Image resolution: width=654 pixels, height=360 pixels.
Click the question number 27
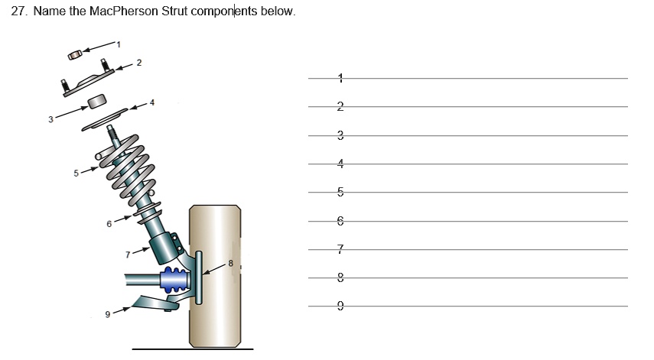coord(19,13)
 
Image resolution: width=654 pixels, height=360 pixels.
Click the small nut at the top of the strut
coord(74,55)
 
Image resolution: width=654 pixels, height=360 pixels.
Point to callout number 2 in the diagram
coord(138,62)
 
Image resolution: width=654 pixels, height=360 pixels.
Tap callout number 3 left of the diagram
coord(50,118)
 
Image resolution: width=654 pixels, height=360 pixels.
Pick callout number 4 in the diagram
coord(151,102)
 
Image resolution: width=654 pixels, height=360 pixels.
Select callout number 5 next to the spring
coord(76,174)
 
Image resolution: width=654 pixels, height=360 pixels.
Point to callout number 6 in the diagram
coord(109,224)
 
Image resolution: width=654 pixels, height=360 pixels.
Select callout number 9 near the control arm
coord(108,313)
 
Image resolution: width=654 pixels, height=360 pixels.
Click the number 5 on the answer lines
coord(340,192)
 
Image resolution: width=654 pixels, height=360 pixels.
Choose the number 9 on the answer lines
coord(340,306)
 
